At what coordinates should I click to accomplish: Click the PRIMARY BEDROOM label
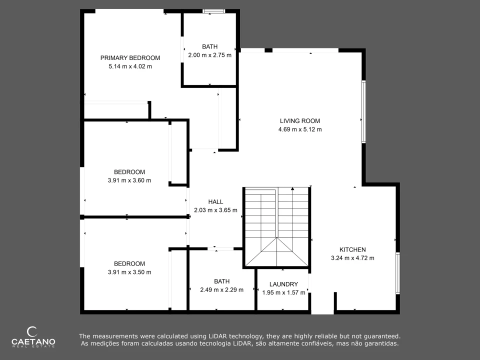tap(130, 58)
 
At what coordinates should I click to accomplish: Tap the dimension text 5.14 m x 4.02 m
tap(130, 66)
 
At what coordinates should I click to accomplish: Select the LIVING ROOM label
tap(300, 121)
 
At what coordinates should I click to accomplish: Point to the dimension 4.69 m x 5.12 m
tap(300, 129)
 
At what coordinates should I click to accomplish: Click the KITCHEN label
tap(352, 249)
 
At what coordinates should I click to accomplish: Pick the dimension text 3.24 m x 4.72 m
tap(352, 258)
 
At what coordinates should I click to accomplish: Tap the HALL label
tap(215, 201)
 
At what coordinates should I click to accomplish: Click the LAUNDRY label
tap(284, 284)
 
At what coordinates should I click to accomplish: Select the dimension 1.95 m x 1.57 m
tap(284, 292)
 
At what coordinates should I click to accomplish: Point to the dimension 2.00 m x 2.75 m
tap(209, 55)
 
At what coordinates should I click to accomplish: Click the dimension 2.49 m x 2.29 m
tap(222, 289)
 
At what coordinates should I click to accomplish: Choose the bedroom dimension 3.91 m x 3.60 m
tap(129, 180)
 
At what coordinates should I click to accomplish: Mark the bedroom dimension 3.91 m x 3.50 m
tap(129, 272)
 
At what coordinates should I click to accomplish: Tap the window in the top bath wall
tap(213, 11)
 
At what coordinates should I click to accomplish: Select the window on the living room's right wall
tap(363, 111)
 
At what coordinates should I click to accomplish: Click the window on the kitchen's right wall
tap(397, 273)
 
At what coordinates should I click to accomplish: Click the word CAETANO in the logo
tap(33, 341)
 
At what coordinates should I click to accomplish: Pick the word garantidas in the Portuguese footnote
tap(383, 343)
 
